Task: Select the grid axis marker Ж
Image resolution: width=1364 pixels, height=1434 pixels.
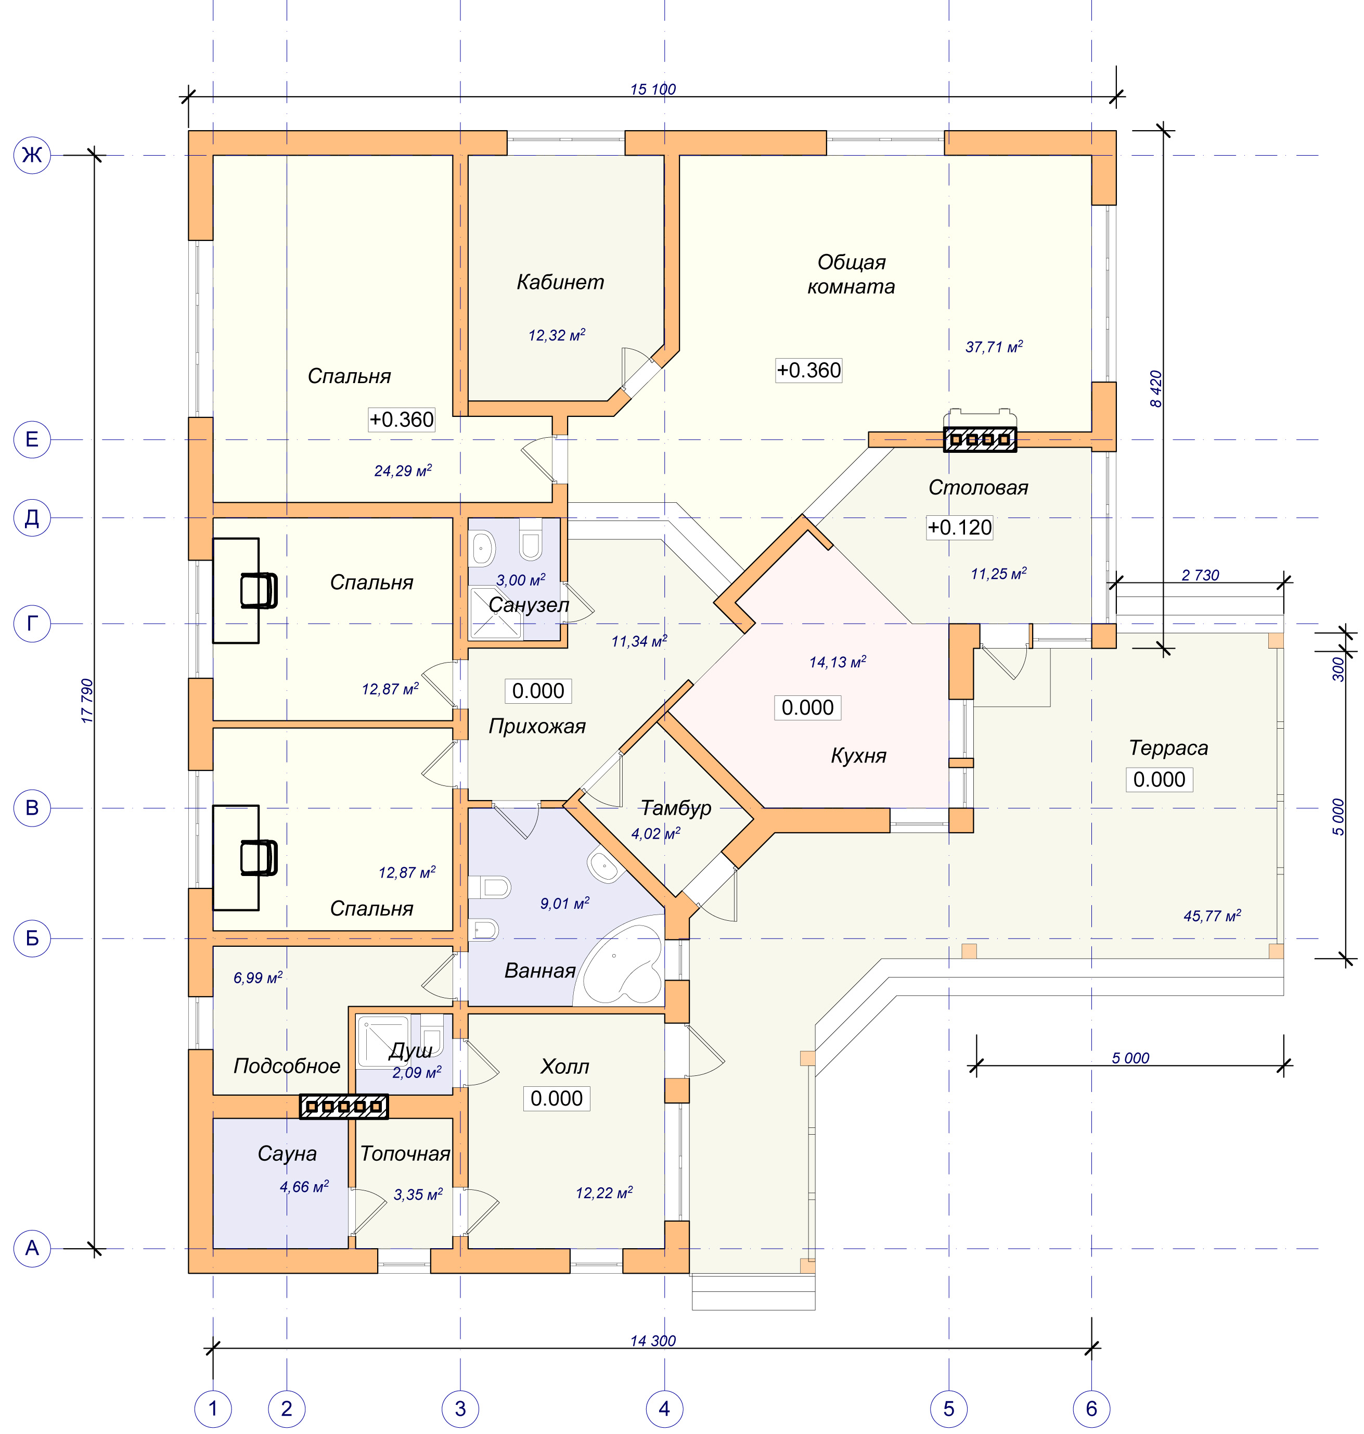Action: coord(32,155)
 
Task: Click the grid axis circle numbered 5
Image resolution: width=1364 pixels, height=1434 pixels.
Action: coord(948,1408)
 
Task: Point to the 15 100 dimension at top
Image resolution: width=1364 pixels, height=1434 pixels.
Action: coord(653,89)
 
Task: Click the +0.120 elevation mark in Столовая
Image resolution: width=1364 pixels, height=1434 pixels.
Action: coord(960,527)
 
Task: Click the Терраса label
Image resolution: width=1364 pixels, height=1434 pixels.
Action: coord(1168,748)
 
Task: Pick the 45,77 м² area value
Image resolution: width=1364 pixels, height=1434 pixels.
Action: coord(1212,915)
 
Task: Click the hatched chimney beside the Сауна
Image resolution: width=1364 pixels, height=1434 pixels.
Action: coord(344,1107)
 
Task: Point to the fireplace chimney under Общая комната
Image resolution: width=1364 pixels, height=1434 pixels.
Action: coord(980,439)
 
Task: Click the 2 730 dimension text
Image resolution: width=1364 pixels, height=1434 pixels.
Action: coord(1201,575)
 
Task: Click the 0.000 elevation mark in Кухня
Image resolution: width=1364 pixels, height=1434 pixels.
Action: coord(807,707)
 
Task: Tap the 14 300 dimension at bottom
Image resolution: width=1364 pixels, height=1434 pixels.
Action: coord(653,1340)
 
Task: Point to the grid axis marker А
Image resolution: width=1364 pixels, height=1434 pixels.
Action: coord(32,1249)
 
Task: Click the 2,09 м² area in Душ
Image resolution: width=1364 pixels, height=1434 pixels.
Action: coord(417,1072)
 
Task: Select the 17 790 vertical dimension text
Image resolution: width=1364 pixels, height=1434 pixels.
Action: coord(87,701)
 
